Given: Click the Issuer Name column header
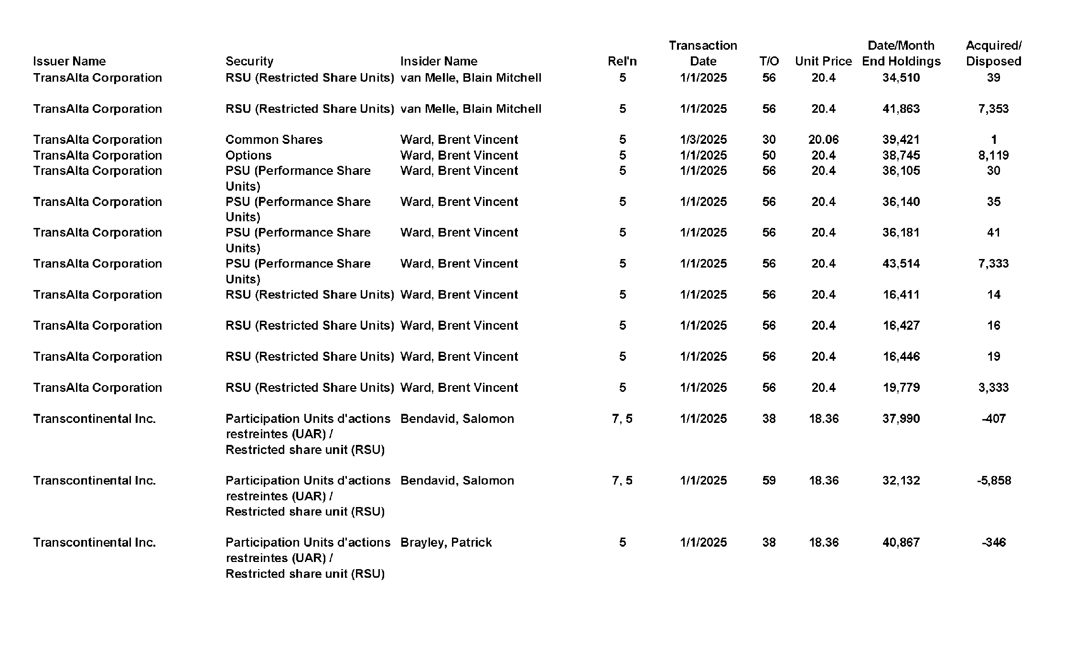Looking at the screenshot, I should (x=69, y=61).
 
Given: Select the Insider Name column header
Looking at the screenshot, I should (x=439, y=61).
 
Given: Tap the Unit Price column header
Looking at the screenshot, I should (x=823, y=61).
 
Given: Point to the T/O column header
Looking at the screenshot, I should (x=769, y=61).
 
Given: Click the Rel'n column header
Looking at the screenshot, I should (x=622, y=61).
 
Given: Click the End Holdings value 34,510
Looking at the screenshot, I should (x=901, y=77).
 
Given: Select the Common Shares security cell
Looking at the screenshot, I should (x=274, y=140).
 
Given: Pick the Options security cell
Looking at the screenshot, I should (x=248, y=155).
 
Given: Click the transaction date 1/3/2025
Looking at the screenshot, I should (x=703, y=140).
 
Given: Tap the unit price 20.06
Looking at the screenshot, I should (x=823, y=140).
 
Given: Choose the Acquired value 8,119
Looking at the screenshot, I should (x=993, y=155).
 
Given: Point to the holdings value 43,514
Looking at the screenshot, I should (x=901, y=263).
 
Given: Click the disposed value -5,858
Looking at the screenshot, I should (x=994, y=480).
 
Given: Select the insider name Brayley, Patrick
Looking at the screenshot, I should (x=446, y=542).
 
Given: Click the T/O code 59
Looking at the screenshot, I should (x=769, y=480).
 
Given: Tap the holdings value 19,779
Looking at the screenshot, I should (x=901, y=388).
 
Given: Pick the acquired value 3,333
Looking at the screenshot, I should (x=993, y=388).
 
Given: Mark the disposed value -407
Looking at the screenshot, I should (x=994, y=419).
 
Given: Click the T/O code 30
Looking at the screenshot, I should (x=769, y=140).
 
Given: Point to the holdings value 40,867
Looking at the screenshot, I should (x=901, y=542).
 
